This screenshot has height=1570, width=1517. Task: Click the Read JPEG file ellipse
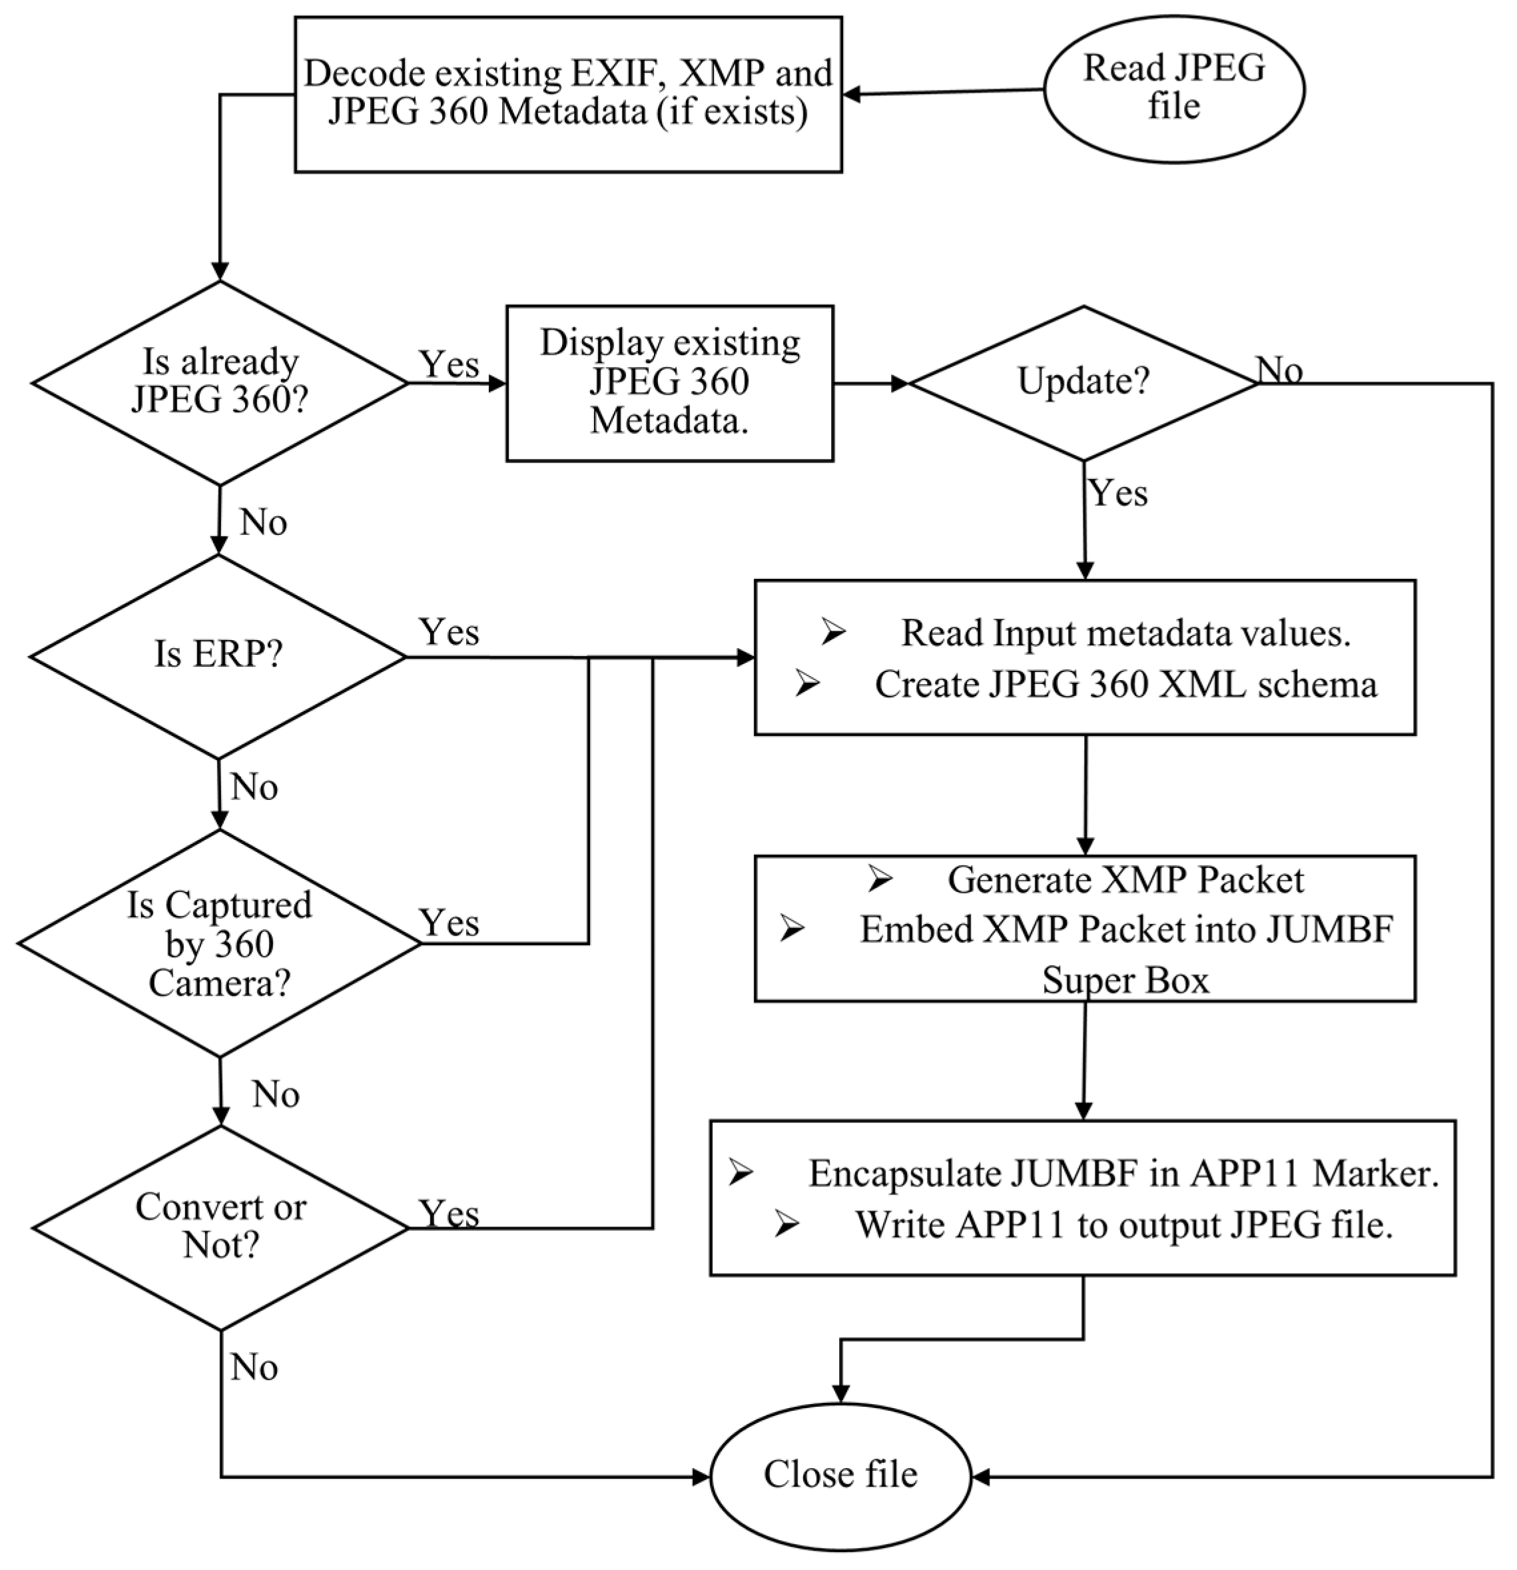[x=1174, y=88]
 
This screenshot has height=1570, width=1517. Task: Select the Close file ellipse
[x=840, y=1475]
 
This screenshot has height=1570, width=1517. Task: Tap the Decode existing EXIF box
[x=568, y=94]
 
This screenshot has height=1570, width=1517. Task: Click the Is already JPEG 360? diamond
[x=220, y=382]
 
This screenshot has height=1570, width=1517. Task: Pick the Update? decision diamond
[x=1083, y=382]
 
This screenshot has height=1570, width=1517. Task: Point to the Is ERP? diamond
[x=218, y=655]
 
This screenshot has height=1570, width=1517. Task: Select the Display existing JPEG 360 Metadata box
[x=669, y=382]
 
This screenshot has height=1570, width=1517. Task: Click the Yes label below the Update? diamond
[x=1118, y=493]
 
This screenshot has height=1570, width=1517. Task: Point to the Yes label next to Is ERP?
[x=450, y=632]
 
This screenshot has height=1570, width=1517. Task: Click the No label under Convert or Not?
[x=254, y=1368]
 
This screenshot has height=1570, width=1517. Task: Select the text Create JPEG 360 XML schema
[x=1125, y=685]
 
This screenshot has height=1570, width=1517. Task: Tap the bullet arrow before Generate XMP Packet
[x=880, y=879]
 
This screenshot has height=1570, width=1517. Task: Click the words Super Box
[x=1125, y=981]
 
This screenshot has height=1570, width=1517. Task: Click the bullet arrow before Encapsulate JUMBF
[x=741, y=1174]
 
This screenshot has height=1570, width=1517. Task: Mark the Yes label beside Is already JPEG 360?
[x=450, y=364]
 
